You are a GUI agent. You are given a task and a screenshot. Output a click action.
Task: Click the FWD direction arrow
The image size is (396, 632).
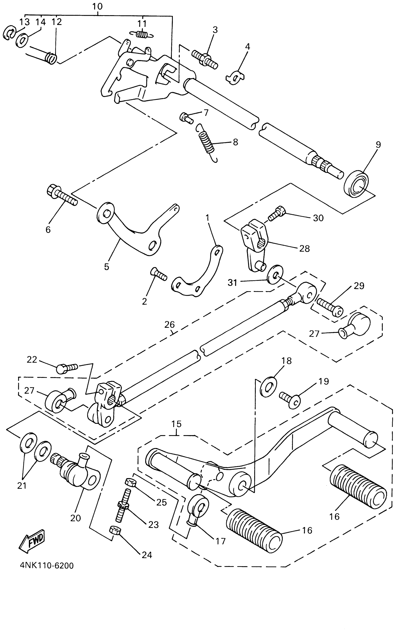pyautogui.click(x=32, y=541)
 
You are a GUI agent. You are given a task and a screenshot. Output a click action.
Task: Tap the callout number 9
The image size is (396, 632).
pyautogui.click(x=378, y=144)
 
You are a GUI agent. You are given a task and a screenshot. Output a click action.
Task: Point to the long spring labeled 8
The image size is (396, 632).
pyautogui.click(x=206, y=142)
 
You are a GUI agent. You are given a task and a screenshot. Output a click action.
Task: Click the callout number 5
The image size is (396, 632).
pyautogui.click(x=106, y=267)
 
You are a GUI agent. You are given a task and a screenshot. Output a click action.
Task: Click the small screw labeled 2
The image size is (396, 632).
pyautogui.click(x=158, y=275)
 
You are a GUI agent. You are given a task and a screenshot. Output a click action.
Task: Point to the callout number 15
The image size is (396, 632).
pyautogui.click(x=177, y=424)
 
